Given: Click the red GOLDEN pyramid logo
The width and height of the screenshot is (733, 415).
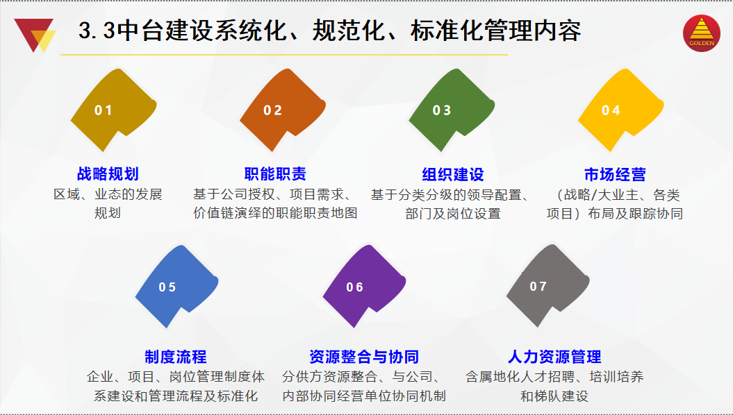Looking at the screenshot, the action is tap(702, 33).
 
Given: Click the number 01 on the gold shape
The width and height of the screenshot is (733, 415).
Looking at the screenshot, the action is tap(104, 110).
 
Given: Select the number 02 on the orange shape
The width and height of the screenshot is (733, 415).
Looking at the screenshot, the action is tap(272, 110).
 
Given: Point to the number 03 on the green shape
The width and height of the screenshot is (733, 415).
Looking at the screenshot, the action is tap(442, 110).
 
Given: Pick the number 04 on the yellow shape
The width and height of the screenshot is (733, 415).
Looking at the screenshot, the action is tap(611, 110).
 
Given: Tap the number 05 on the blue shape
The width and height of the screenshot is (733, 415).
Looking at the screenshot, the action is tap(167, 287).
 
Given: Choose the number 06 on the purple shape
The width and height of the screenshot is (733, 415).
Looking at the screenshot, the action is tap(355, 287).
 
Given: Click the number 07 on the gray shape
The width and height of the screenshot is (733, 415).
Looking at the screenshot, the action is tap(538, 286).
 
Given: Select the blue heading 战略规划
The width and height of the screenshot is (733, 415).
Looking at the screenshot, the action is tap(108, 174).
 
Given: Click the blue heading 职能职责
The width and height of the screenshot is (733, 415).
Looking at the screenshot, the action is tap(275, 174).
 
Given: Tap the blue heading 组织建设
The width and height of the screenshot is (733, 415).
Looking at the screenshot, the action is tap(453, 175).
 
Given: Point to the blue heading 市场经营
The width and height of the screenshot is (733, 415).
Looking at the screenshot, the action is tap(615, 175).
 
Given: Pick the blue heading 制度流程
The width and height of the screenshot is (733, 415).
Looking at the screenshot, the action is tap(176, 357).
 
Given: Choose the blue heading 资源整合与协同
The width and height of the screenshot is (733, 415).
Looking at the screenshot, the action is tap(364, 357).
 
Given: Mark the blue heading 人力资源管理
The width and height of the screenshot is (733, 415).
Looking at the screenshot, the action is tap(554, 357).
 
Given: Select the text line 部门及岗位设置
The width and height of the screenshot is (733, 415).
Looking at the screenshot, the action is tap(453, 214).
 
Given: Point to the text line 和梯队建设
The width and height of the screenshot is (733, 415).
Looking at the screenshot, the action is tap(554, 396).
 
